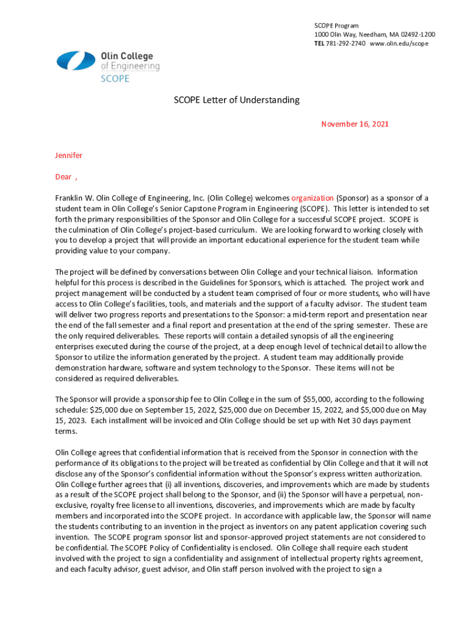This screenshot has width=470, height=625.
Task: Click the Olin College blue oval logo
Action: pyautogui.click(x=76, y=61)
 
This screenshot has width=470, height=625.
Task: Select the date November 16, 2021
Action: pyautogui.click(x=355, y=124)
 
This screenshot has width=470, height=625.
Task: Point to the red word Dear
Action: pyautogui.click(x=63, y=177)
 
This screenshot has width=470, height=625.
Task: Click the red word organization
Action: pyautogui.click(x=312, y=198)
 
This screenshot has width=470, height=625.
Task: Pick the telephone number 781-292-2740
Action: pyautogui.click(x=345, y=44)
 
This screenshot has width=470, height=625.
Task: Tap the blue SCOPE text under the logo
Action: pyautogui.click(x=115, y=78)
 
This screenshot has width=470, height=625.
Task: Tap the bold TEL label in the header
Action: pyautogui.click(x=319, y=44)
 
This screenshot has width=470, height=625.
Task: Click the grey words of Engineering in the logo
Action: pyautogui.click(x=130, y=66)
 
